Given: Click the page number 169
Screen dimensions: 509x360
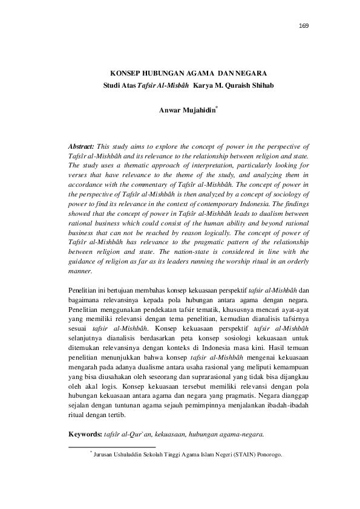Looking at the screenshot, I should pos(304,26).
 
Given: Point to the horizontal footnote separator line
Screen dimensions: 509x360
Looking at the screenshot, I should pos(113,448).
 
